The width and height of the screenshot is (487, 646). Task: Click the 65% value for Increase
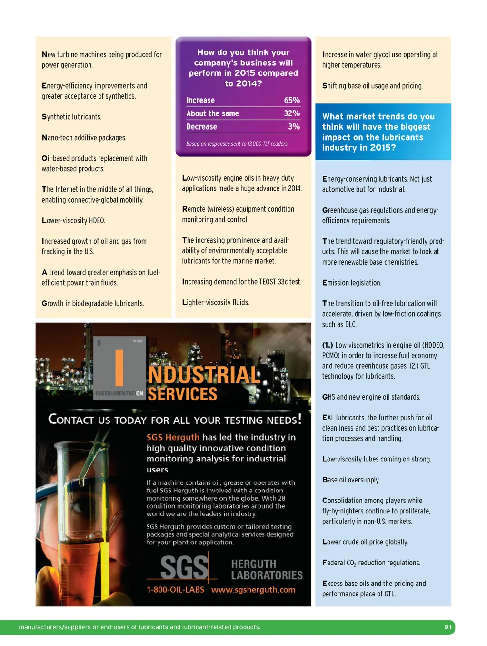(x=291, y=100)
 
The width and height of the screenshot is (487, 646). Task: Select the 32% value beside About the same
(x=291, y=113)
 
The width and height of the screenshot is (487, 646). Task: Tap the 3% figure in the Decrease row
(x=294, y=127)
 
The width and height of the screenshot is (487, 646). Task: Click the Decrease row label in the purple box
(x=201, y=127)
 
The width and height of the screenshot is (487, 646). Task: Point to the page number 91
(x=448, y=627)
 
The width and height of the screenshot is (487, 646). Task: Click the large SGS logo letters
(x=184, y=567)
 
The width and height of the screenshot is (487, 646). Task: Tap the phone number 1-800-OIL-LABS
(x=175, y=590)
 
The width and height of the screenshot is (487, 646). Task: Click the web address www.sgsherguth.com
(x=253, y=590)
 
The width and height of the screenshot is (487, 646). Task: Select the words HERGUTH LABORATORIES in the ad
(x=267, y=570)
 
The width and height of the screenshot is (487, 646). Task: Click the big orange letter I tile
(x=119, y=367)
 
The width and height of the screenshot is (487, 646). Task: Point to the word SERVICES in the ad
(x=182, y=394)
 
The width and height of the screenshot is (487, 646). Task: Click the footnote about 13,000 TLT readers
(x=237, y=144)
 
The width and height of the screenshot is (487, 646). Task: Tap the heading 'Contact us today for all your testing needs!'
(x=175, y=420)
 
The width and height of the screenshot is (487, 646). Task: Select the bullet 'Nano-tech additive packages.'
(x=84, y=138)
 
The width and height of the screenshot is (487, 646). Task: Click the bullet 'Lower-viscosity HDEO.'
(x=73, y=221)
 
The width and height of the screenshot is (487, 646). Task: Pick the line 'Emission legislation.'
(x=351, y=283)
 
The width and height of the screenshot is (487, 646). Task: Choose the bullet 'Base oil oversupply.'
(x=351, y=480)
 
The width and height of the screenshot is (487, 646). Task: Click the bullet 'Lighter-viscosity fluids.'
(x=215, y=303)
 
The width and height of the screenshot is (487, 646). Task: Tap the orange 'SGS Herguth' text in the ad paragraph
(x=173, y=437)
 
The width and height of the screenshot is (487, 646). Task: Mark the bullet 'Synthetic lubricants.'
(x=71, y=117)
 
